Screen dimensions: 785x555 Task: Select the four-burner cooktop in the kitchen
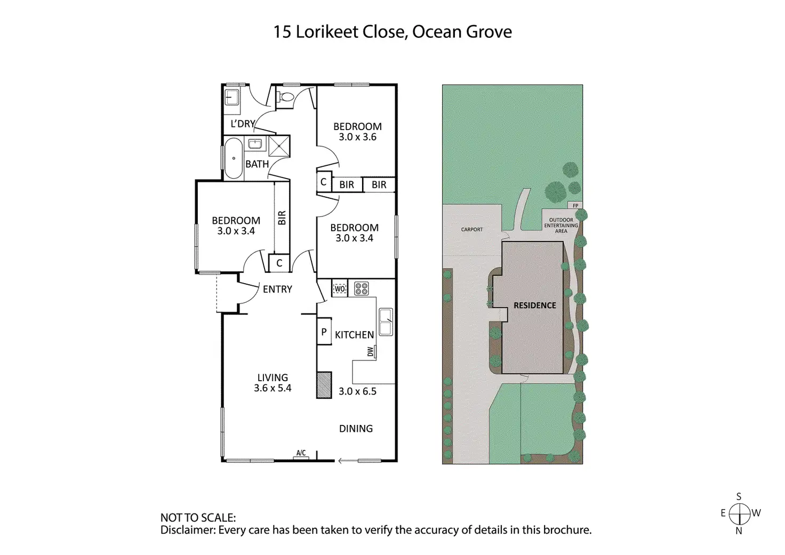[362, 288]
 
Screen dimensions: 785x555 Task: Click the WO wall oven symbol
[340, 289]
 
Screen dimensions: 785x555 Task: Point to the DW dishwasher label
[371, 351]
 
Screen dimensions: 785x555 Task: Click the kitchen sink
[386, 322]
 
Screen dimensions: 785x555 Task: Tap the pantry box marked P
[324, 332]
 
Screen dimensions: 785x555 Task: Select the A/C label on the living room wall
[301, 453]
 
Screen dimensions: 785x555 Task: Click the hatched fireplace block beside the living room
[324, 385]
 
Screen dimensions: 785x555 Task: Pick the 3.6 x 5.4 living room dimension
[273, 388]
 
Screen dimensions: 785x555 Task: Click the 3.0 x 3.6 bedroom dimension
[357, 137]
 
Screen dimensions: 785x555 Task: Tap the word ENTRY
[277, 289]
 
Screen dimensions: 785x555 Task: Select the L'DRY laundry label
[243, 124]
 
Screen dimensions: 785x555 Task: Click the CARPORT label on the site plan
[472, 229]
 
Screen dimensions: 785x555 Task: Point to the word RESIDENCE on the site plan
[534, 305]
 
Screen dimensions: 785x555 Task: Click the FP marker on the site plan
[575, 206]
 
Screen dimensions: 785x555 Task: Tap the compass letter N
[739, 530]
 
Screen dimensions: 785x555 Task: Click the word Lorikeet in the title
[326, 32]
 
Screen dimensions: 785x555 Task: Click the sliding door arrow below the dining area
[347, 461]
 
